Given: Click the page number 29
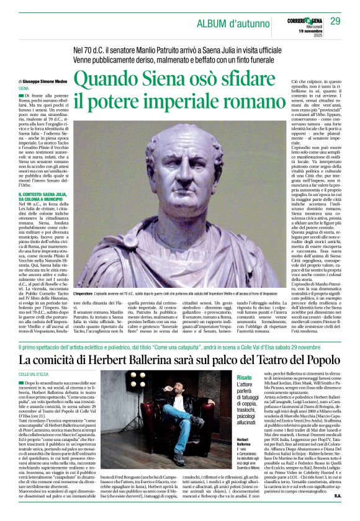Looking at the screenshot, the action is point(335,22).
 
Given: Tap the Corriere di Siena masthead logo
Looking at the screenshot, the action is point(296,20).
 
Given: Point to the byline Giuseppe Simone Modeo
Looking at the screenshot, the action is point(45,81).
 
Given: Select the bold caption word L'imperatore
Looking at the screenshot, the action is point(88,292).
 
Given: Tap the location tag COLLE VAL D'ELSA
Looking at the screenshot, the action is point(35,374).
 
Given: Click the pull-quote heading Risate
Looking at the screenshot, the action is point(245,378).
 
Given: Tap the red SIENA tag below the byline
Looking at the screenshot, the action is point(24,89).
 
